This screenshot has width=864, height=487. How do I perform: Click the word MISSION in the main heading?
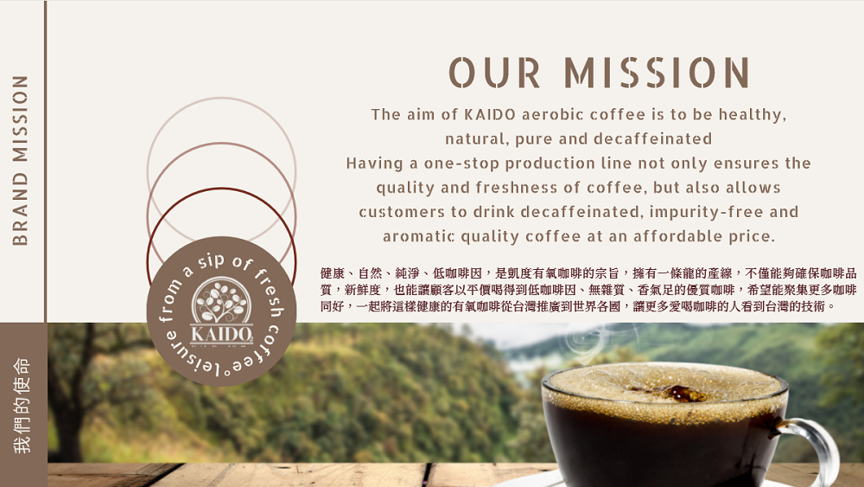pos(657,73)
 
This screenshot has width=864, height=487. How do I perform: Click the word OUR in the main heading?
pos(494,73)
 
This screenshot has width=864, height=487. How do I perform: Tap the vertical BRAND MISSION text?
pos(21,160)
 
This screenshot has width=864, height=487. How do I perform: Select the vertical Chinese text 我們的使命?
pos(22,406)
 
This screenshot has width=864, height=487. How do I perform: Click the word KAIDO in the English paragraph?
pos(490,114)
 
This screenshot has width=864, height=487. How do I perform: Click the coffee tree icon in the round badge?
pos(221,302)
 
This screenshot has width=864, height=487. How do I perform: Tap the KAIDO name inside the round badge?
pos(221,334)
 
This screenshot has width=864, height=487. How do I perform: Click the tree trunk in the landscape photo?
pos(69,420)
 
